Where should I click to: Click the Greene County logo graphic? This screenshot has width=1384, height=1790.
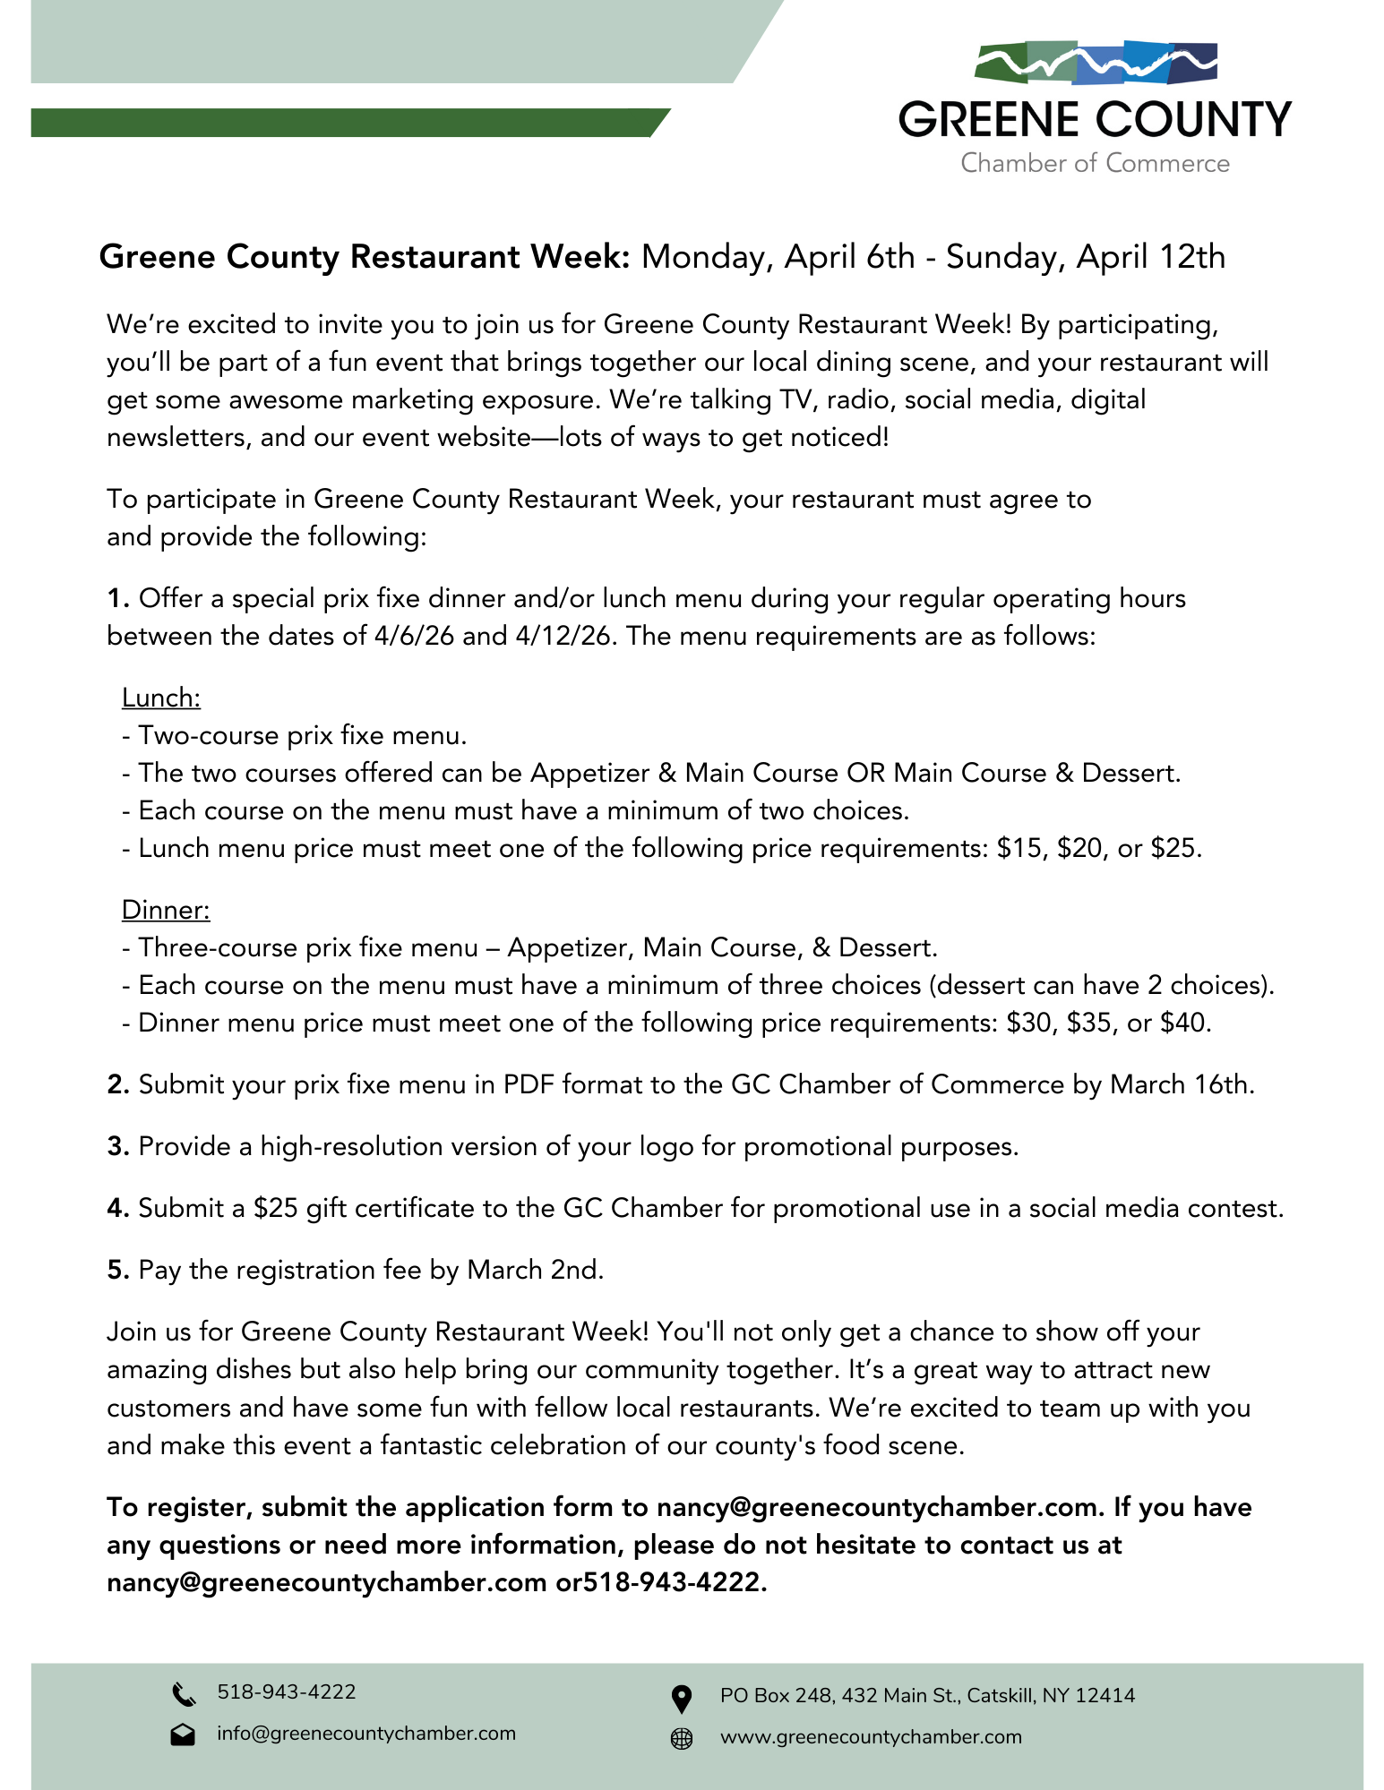click(x=1095, y=64)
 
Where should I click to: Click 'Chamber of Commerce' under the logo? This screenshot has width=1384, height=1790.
click(x=1095, y=163)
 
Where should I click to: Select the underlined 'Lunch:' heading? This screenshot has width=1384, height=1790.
click(x=161, y=698)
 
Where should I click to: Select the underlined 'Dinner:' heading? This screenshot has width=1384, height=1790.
click(x=166, y=910)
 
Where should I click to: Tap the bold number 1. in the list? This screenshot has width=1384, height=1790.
click(x=118, y=598)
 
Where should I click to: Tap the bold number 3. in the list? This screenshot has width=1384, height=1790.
click(x=118, y=1146)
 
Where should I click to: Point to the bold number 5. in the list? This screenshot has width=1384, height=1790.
click(x=118, y=1270)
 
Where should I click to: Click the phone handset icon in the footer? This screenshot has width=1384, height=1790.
click(x=183, y=1694)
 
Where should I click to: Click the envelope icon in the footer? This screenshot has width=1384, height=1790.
click(x=183, y=1734)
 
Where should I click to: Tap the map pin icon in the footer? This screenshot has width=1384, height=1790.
click(x=682, y=1698)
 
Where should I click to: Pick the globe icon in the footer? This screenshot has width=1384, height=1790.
click(x=682, y=1738)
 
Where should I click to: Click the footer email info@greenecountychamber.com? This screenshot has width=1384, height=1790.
click(x=366, y=1734)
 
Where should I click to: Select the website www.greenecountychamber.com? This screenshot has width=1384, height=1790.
click(x=871, y=1737)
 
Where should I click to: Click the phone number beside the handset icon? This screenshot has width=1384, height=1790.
click(x=287, y=1692)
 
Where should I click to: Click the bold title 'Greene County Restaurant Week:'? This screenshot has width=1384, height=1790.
click(x=365, y=257)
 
